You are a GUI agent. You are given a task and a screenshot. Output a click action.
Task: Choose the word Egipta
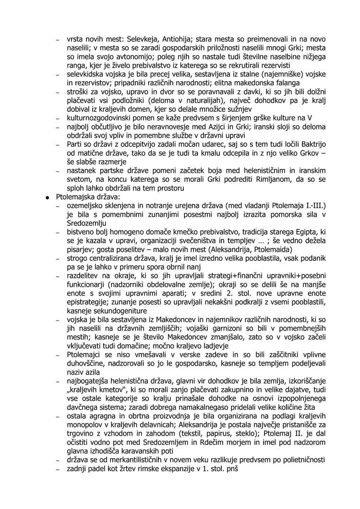pos(303,232)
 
